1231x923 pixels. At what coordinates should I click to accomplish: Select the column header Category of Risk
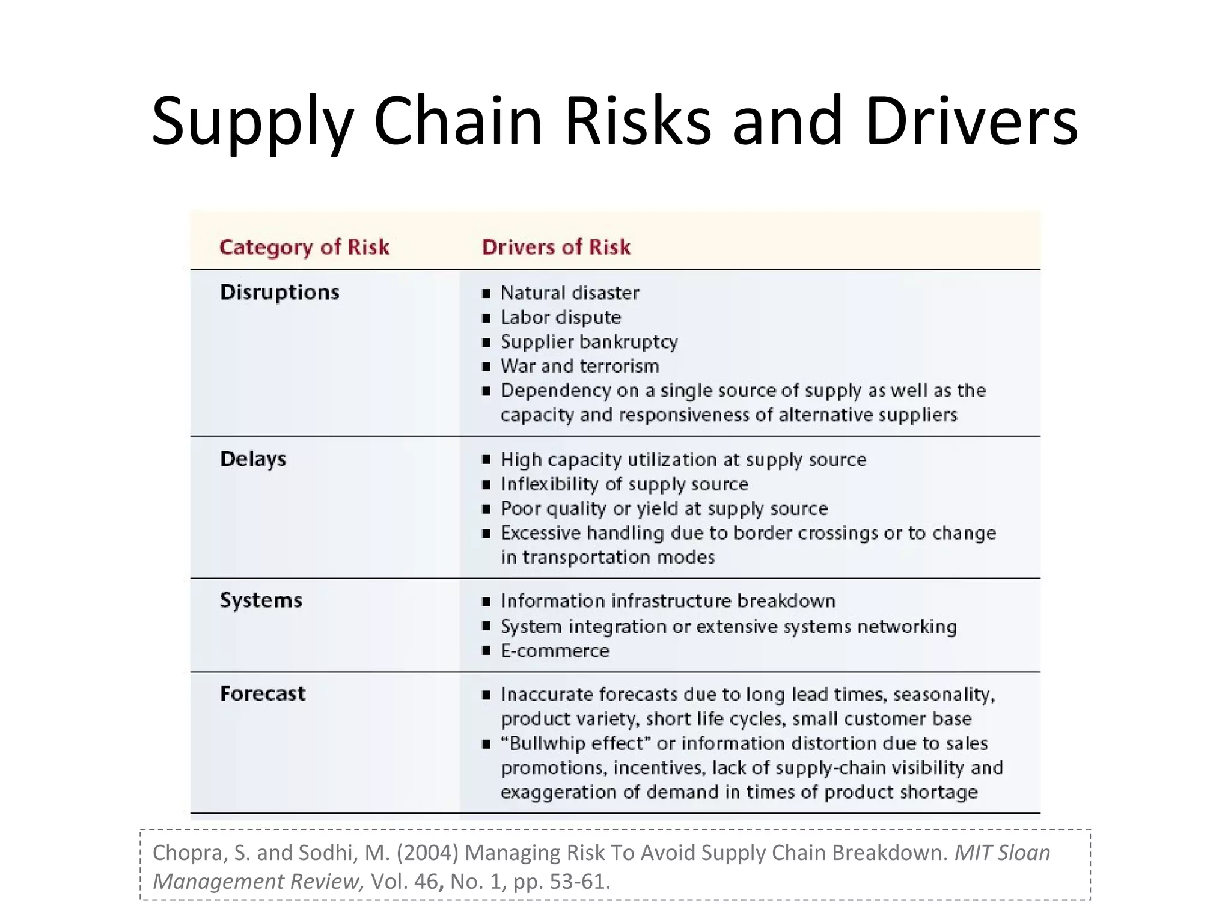pyautogui.click(x=304, y=247)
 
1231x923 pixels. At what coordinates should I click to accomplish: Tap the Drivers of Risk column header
pyautogui.click(x=556, y=247)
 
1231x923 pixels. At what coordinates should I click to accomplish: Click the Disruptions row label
pyautogui.click(x=279, y=292)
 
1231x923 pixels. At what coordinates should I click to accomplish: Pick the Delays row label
pyautogui.click(x=253, y=459)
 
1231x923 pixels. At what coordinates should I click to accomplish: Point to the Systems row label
pyautogui.click(x=261, y=600)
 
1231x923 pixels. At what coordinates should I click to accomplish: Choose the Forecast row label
pyautogui.click(x=263, y=694)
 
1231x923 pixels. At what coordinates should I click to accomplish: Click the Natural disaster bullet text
pyautogui.click(x=570, y=293)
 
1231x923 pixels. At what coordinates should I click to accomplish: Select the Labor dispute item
pyautogui.click(x=561, y=317)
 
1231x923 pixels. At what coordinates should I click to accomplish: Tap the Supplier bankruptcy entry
pyautogui.click(x=589, y=342)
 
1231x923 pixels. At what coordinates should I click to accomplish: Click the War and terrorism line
pyautogui.click(x=580, y=366)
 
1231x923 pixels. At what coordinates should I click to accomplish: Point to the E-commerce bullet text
pyautogui.click(x=555, y=651)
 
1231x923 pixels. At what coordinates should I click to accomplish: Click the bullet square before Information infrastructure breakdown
pyautogui.click(x=486, y=602)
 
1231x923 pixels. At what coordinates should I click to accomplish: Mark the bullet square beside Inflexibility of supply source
pyautogui.click(x=486, y=485)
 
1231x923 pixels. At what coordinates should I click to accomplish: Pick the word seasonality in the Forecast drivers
pyautogui.click(x=944, y=695)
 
